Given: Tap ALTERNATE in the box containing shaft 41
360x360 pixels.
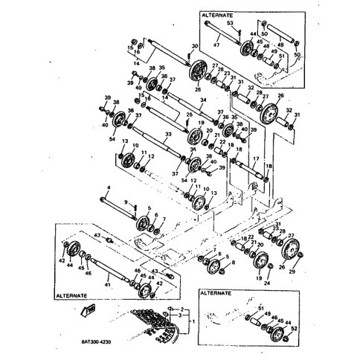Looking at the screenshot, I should click(72, 295).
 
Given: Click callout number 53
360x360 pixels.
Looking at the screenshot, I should click(229, 24).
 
